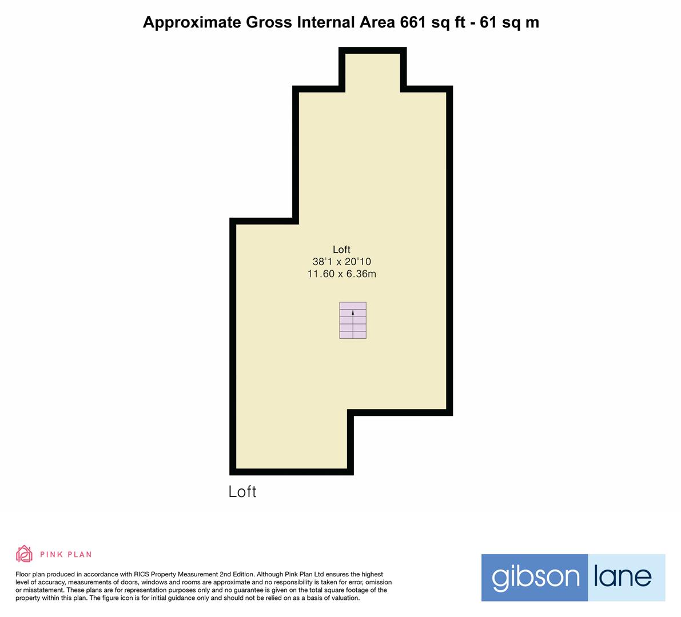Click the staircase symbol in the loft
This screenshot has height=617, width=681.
353,320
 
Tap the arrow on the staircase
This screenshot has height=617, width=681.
353,312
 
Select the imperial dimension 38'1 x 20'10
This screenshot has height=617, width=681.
342,262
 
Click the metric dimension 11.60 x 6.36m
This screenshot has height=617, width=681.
342,274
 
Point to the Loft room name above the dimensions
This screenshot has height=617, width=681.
341,250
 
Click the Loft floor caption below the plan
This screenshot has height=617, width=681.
242,492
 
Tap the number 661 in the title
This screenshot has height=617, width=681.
413,22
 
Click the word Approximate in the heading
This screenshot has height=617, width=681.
192,22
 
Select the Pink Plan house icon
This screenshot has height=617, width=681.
24,554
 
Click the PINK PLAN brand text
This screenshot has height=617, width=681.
66,555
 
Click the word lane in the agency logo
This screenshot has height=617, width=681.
623,576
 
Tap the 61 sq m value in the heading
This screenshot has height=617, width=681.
509,22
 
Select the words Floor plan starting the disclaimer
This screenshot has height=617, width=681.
30,575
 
